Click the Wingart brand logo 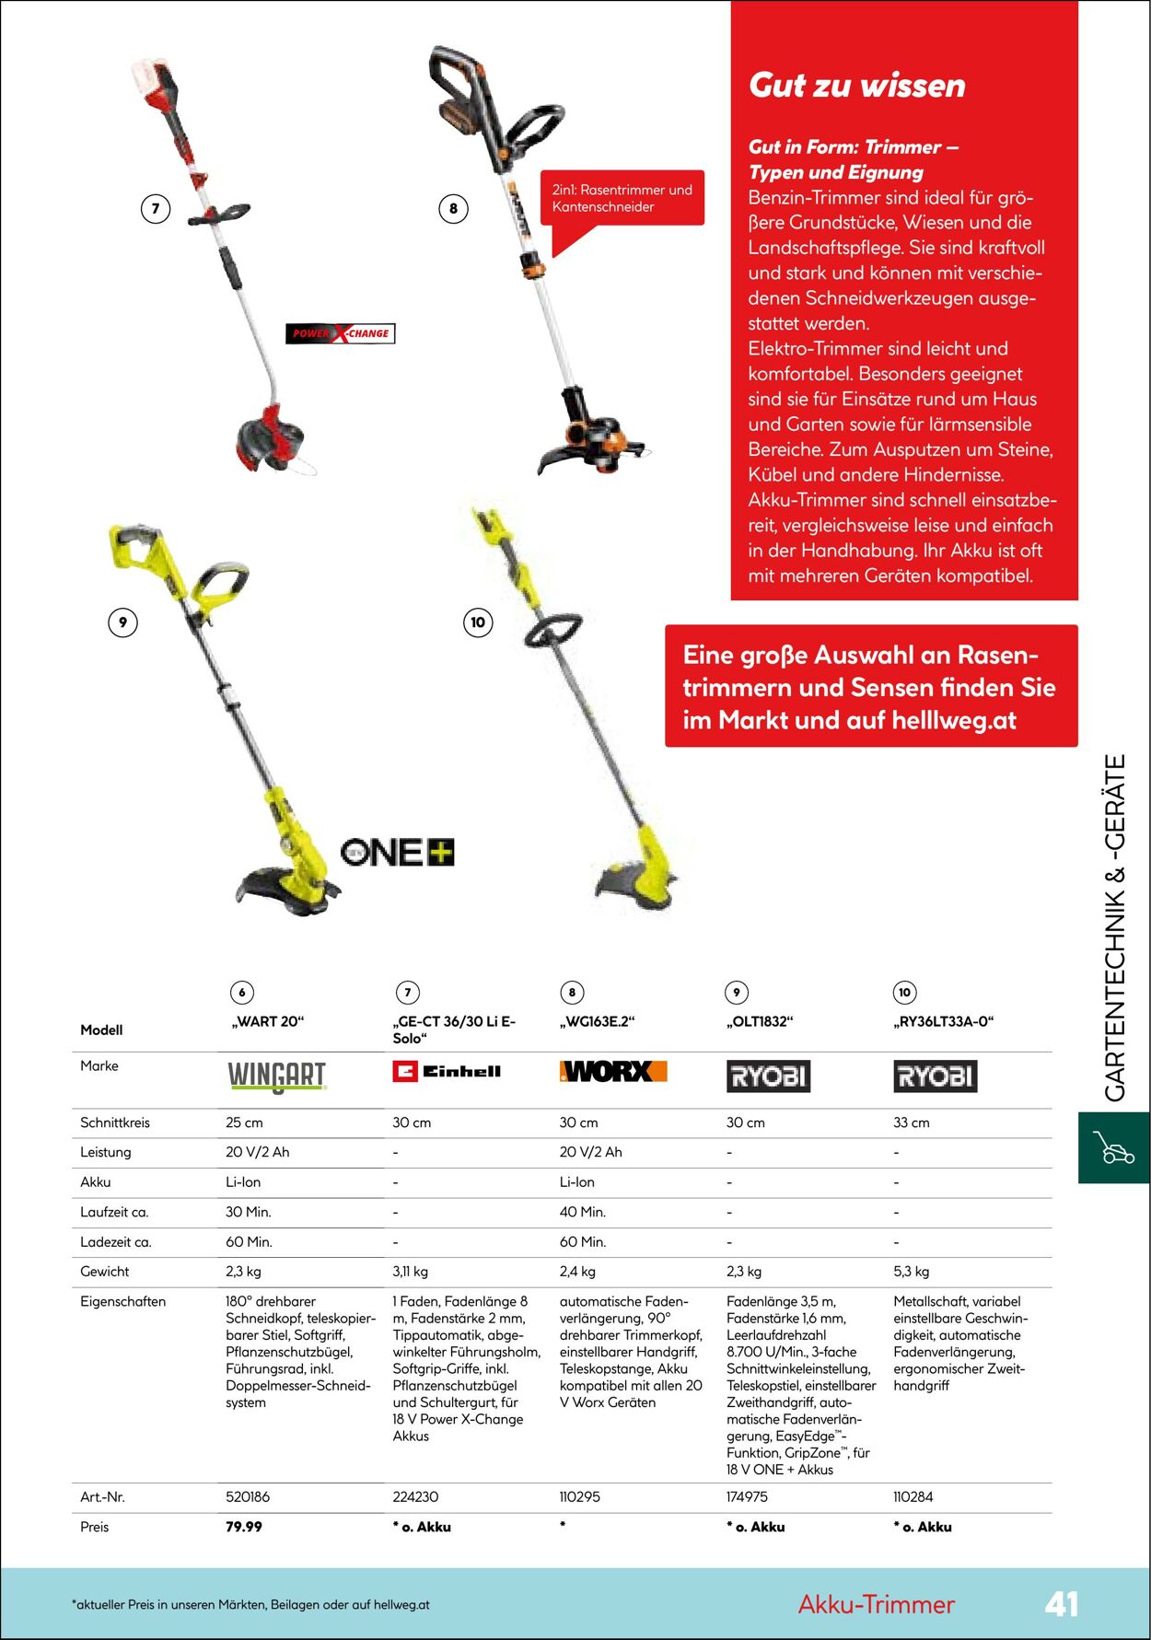pos(277,1076)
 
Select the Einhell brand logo pos(447,1071)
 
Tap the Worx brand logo pos(613,1071)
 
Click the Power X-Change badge pos(341,333)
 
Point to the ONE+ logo pos(398,852)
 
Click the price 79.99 pos(244,1526)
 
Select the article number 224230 pos(415,1496)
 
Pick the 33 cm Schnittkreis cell pos(912,1122)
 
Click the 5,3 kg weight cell pos(912,1271)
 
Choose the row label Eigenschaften pos(122,1301)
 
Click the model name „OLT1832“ pos(760,1021)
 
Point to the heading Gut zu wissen pos(856,86)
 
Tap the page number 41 pos(1061,1603)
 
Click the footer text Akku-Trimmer pos(876,1604)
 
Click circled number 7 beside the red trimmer pos(156,209)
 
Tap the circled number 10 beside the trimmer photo pos(478,622)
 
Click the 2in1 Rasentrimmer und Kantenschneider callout pos(622,199)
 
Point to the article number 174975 pos(747,1496)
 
